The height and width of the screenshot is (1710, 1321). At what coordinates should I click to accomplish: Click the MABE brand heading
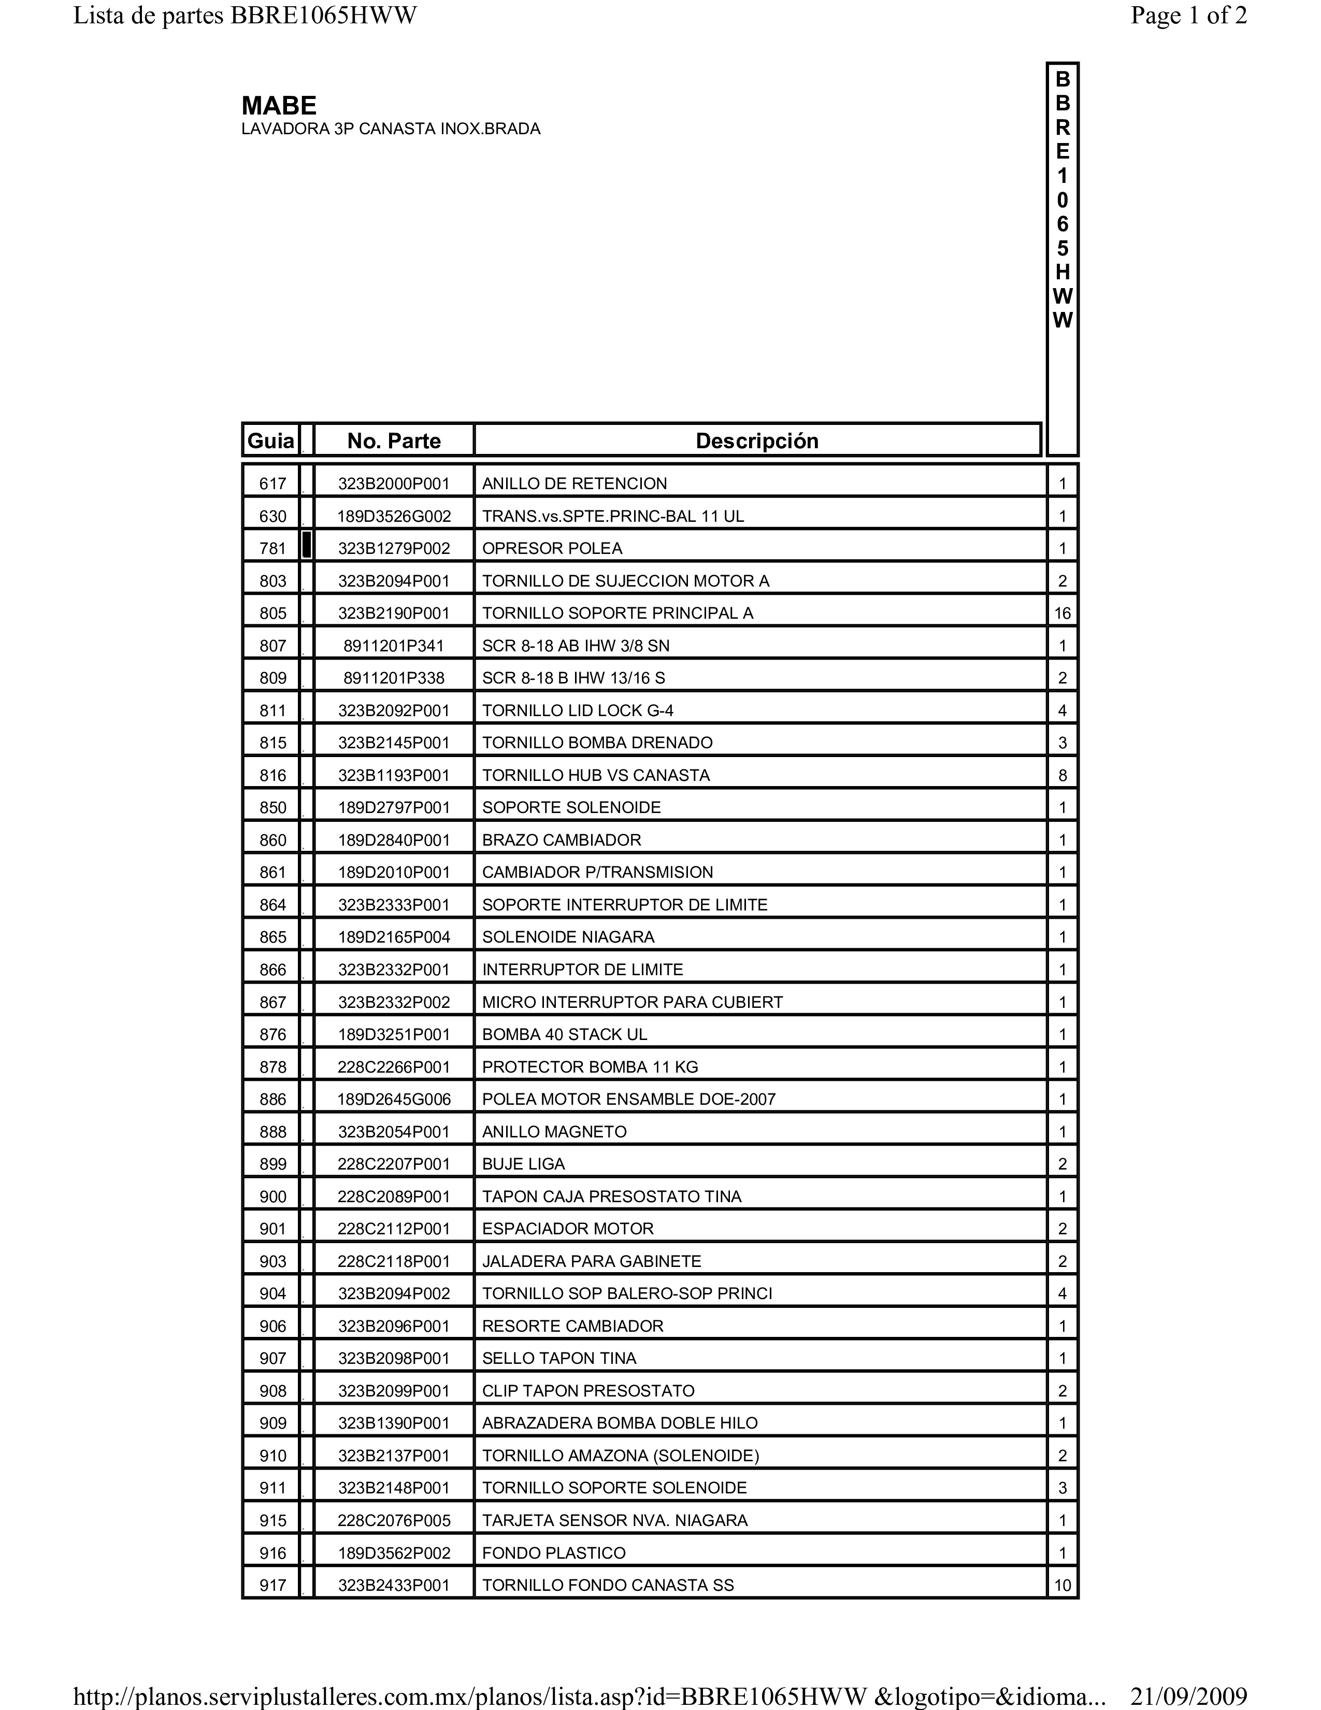[x=279, y=106]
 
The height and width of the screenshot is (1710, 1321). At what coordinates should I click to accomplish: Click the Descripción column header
[x=757, y=441]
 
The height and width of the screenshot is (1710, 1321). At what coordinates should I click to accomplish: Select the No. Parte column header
[x=394, y=441]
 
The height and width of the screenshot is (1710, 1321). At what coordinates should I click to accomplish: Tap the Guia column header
[x=271, y=441]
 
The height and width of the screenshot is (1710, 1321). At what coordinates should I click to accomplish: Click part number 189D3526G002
[x=394, y=516]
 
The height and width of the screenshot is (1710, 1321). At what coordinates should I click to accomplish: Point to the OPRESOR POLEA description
[x=552, y=548]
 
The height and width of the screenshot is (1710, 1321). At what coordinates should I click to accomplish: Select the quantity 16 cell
[x=1062, y=613]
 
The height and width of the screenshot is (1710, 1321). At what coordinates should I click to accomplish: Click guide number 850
[x=272, y=807]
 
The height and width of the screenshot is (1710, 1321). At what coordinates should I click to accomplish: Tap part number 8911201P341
[x=394, y=646]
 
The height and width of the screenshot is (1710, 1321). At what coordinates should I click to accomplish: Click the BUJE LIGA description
[x=523, y=1163]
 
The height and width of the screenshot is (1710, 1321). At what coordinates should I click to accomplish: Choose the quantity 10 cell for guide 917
[x=1062, y=1586]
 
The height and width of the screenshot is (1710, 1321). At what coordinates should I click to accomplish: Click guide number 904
[x=272, y=1293]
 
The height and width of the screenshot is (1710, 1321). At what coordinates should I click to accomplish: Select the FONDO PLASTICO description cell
[x=553, y=1552]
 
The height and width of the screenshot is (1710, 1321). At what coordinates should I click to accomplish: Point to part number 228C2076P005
[x=394, y=1520]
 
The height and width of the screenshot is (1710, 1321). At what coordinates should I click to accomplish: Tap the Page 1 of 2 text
[x=1188, y=16]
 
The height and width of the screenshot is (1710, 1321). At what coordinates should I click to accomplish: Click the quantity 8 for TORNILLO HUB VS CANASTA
[x=1062, y=775]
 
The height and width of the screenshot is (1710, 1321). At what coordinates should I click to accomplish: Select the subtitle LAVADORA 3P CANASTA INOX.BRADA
[x=391, y=129]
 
